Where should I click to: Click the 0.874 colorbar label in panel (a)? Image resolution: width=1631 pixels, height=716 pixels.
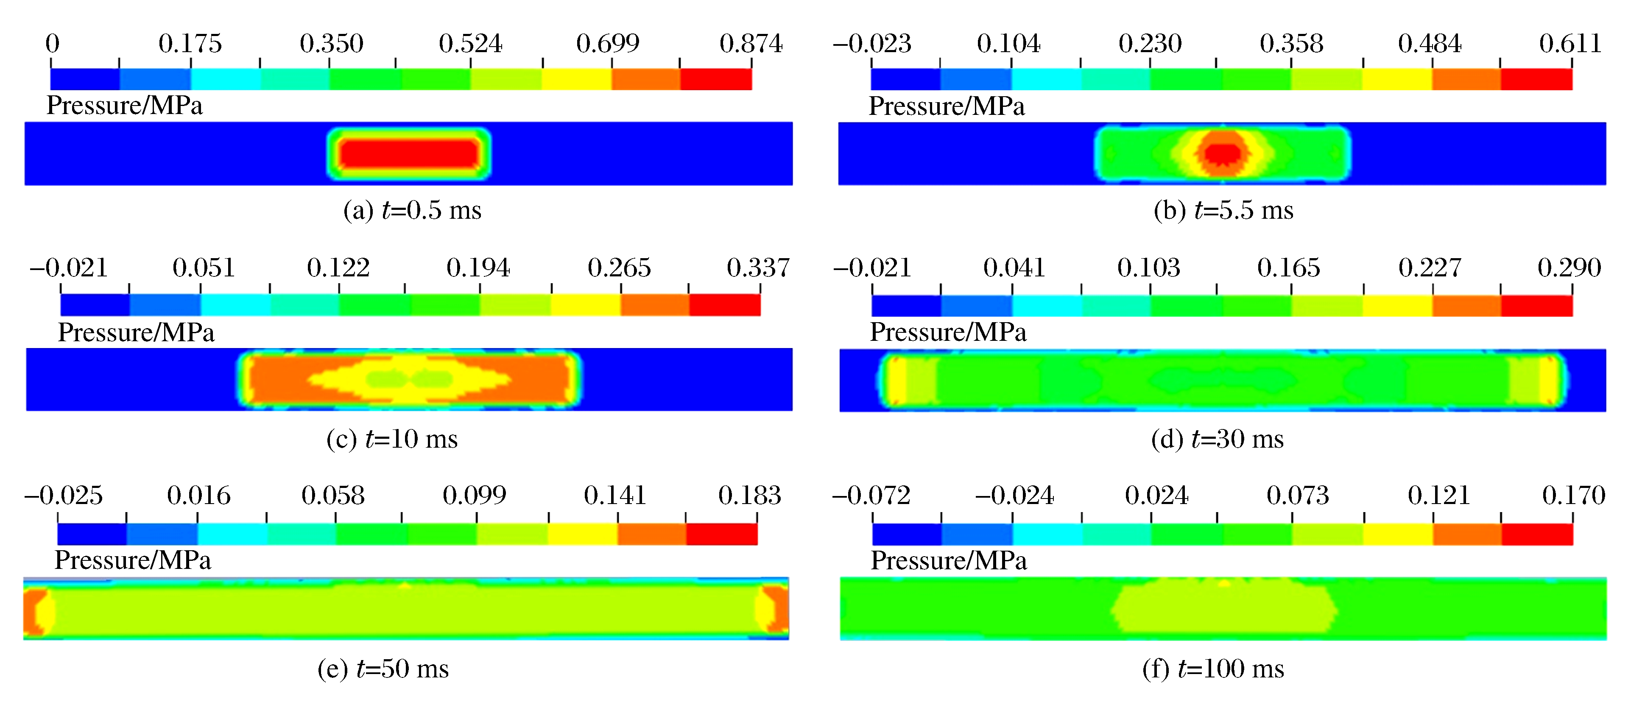click(x=751, y=44)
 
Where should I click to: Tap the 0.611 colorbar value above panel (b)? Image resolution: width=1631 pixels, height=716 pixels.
click(x=1570, y=44)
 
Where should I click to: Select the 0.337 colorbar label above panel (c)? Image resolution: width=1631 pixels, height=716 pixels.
click(x=758, y=268)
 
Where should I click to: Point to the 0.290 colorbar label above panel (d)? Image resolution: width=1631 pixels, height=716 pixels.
click(x=1569, y=268)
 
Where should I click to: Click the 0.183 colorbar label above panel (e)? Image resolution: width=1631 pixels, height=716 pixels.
click(x=750, y=495)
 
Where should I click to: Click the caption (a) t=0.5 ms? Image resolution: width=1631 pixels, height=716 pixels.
click(x=412, y=210)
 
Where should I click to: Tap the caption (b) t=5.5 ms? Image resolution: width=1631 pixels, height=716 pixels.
click(x=1223, y=210)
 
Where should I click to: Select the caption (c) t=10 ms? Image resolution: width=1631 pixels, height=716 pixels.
click(x=392, y=439)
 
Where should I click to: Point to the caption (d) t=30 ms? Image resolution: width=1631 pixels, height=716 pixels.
click(x=1217, y=439)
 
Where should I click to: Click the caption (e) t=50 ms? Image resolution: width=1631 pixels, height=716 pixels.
click(x=383, y=669)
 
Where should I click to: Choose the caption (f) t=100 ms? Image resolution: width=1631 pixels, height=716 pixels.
click(x=1213, y=669)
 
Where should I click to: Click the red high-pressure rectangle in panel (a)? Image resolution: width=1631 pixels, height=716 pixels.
click(x=408, y=153)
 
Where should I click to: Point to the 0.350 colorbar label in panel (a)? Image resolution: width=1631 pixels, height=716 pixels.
click(x=331, y=44)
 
